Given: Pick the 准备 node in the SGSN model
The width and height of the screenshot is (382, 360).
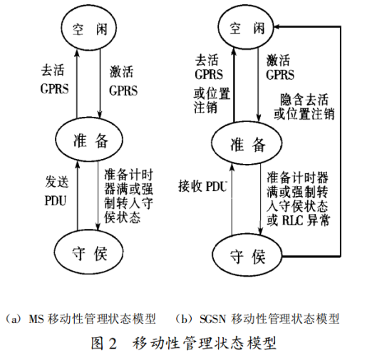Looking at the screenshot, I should (248, 145).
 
